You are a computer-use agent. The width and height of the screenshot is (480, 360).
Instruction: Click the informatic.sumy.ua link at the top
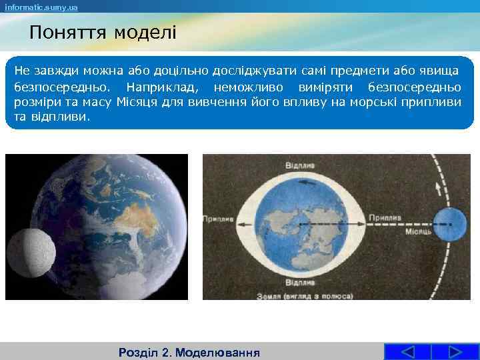[x=41, y=7]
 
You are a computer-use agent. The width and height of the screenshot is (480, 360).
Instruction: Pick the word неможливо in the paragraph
[x=248, y=88]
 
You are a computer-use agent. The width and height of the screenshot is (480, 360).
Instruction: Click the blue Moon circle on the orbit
[x=450, y=224]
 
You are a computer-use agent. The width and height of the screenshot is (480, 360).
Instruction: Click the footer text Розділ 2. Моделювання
[x=189, y=352]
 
